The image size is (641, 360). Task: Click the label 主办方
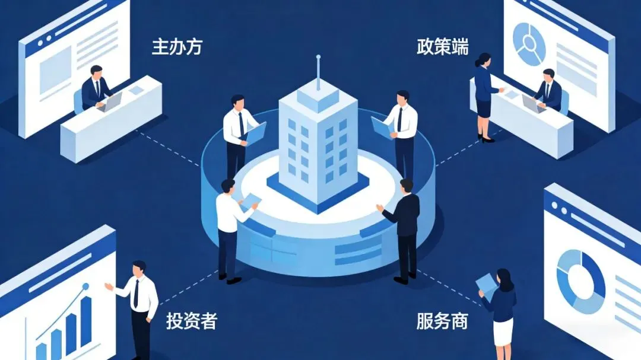tap(177, 47)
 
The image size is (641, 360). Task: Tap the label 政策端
tap(442, 47)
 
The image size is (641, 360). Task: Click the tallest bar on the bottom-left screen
tap(87, 320)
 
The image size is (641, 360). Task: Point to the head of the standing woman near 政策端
tap(484, 60)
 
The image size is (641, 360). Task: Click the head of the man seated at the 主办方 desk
tap(96, 72)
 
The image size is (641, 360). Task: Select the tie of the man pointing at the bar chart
tap(137, 293)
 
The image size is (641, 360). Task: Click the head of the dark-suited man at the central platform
tap(407, 186)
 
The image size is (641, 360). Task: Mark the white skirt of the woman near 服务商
tap(503, 332)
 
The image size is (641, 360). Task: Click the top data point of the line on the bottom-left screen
tap(85, 286)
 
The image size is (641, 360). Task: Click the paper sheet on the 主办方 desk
tap(137, 90)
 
